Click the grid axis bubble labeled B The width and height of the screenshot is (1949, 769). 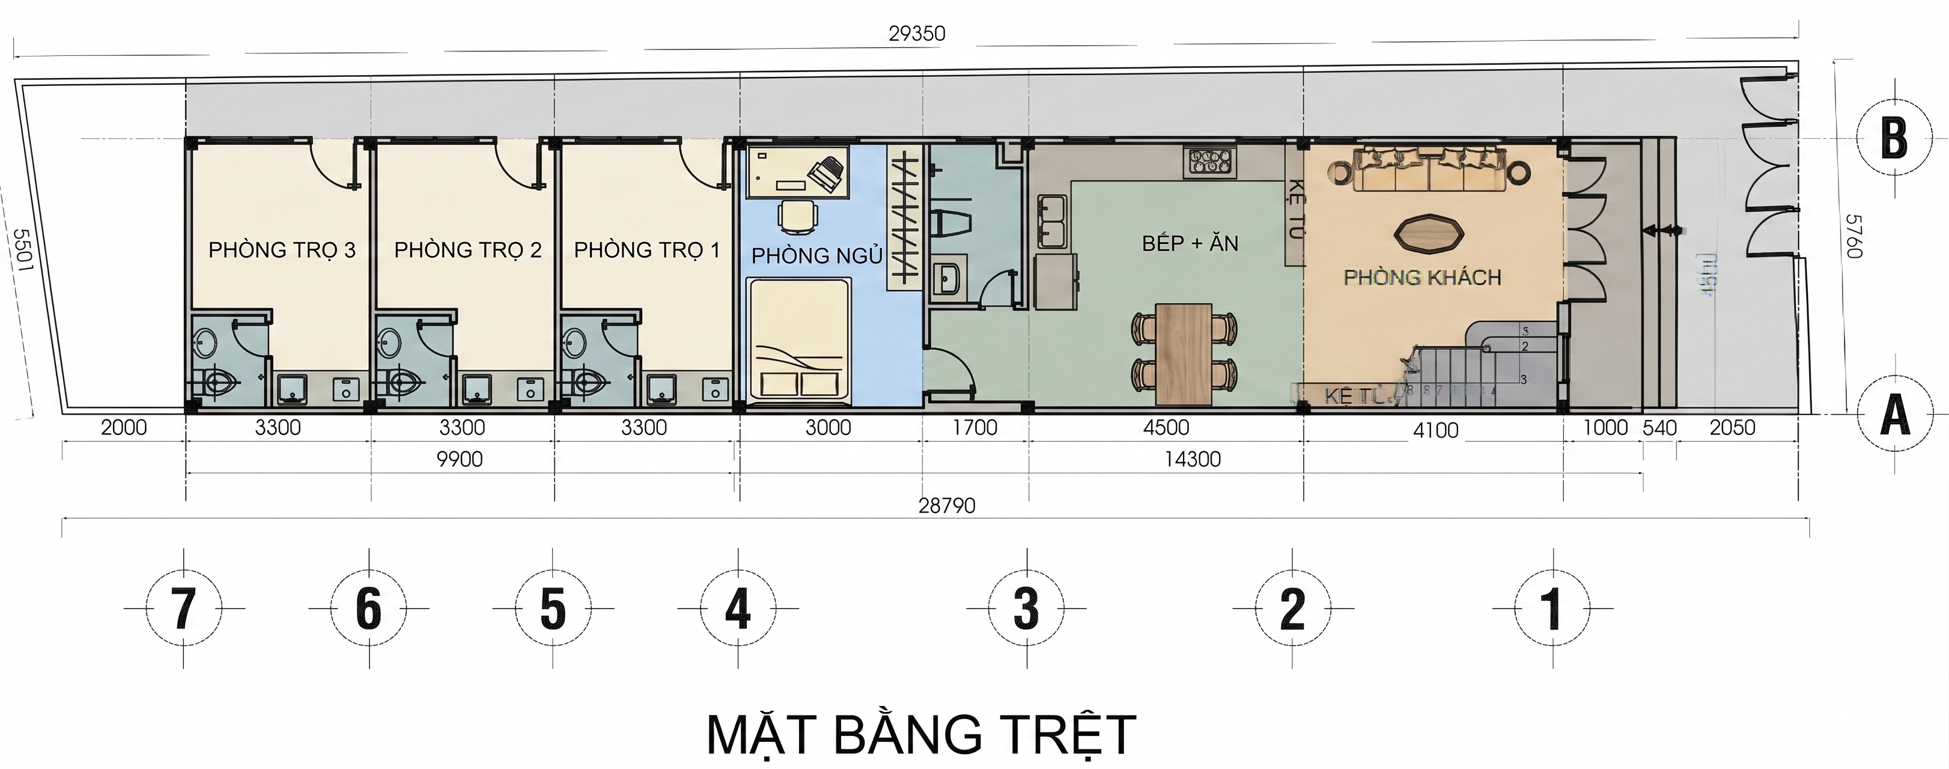[x=1894, y=139]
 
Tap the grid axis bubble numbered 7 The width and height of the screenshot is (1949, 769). [x=184, y=608]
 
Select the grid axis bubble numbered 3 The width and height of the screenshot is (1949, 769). [x=1026, y=608]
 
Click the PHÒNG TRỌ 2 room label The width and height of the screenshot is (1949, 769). [x=467, y=250]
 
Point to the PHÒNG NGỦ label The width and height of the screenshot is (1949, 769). [x=816, y=256]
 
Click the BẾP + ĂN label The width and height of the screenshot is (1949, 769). [x=1190, y=244]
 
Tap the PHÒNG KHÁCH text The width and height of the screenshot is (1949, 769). [x=1421, y=278]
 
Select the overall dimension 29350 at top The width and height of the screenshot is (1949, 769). [x=916, y=33]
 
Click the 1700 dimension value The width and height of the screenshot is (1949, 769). [x=974, y=428]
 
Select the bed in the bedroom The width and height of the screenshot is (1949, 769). [x=799, y=339]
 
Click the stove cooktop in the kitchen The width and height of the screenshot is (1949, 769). [x=1211, y=161]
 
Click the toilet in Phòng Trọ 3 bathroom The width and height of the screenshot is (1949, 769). [x=220, y=383]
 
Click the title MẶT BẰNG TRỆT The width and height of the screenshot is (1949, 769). [x=921, y=734]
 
